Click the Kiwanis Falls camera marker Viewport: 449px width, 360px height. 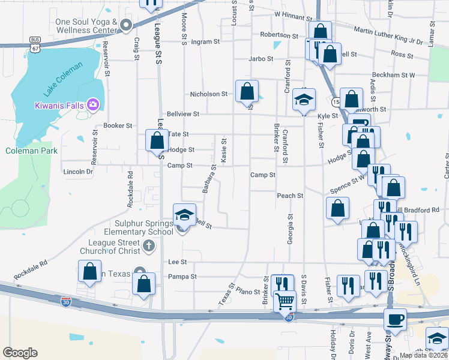[92, 105]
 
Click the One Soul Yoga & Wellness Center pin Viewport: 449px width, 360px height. [126, 25]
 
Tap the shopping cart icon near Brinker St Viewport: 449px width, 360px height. [285, 300]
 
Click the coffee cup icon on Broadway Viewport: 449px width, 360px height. [395, 319]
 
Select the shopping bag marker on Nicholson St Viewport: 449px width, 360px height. [247, 91]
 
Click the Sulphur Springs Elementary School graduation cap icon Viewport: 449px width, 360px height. [184, 215]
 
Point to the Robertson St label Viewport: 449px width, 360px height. [279, 35]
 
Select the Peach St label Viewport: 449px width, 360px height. [290, 196]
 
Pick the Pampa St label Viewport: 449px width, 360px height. [182, 277]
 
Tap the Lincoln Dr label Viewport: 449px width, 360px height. [78, 172]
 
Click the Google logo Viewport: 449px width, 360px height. [20, 353]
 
